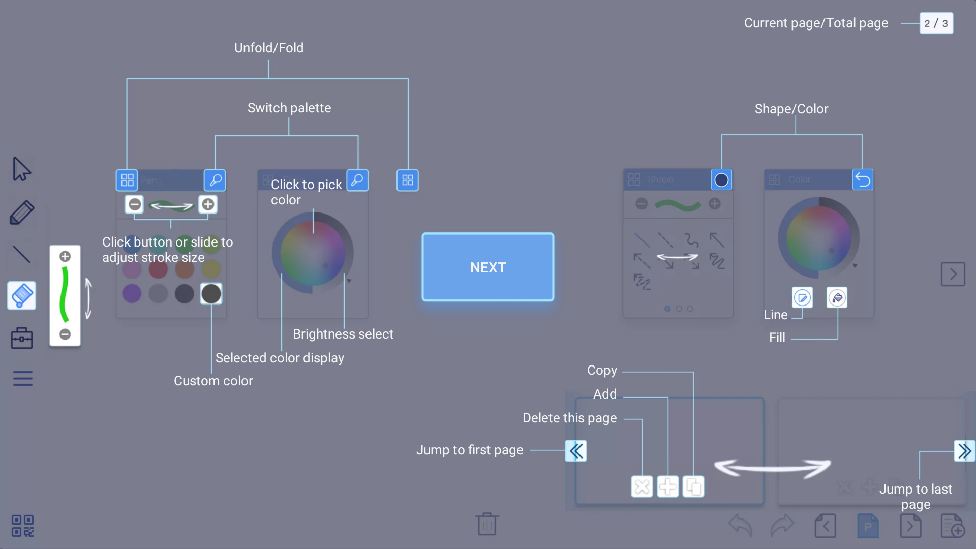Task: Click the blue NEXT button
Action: pyautogui.click(x=487, y=267)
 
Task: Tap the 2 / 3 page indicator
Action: pyautogui.click(x=936, y=23)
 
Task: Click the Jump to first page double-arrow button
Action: pyautogui.click(x=576, y=451)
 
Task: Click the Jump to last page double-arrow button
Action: pyautogui.click(x=964, y=451)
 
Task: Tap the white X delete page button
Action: pyautogui.click(x=642, y=487)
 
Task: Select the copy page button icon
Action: pyautogui.click(x=693, y=487)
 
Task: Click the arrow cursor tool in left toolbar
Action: pyautogui.click(x=21, y=169)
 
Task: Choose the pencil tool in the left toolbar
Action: pyautogui.click(x=22, y=212)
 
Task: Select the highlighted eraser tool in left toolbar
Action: pyautogui.click(x=22, y=295)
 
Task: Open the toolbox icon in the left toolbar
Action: pyautogui.click(x=22, y=338)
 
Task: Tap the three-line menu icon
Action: pyautogui.click(x=22, y=379)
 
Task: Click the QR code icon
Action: pyautogui.click(x=22, y=526)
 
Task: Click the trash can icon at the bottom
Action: pyautogui.click(x=487, y=524)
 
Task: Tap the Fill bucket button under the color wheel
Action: pyautogui.click(x=837, y=298)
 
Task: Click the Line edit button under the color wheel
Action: pyautogui.click(x=802, y=298)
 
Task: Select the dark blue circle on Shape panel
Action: pyautogui.click(x=721, y=180)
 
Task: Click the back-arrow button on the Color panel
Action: pyautogui.click(x=863, y=179)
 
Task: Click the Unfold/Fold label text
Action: pyautogui.click(x=268, y=48)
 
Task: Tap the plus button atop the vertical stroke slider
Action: pyautogui.click(x=65, y=256)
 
